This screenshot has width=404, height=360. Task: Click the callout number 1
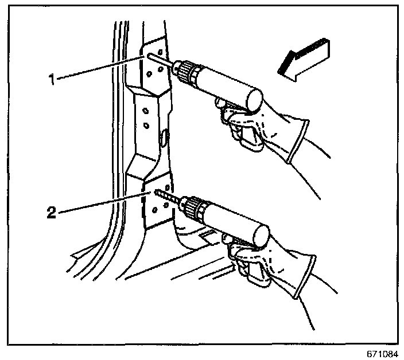[x=52, y=79]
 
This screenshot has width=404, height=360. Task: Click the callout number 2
[x=52, y=213]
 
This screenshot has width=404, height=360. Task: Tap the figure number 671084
[x=384, y=354]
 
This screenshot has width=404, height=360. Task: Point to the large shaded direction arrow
[x=304, y=60]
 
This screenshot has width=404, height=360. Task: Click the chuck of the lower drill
[x=194, y=206]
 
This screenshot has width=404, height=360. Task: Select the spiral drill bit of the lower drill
[x=169, y=197]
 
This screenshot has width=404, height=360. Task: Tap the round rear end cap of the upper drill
[x=255, y=100]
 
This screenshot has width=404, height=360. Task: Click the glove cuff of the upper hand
[x=299, y=140]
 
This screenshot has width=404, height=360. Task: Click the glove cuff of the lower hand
[x=305, y=277]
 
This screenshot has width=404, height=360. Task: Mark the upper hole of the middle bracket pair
[x=146, y=111]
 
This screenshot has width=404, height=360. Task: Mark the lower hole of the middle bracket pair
[x=146, y=126]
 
